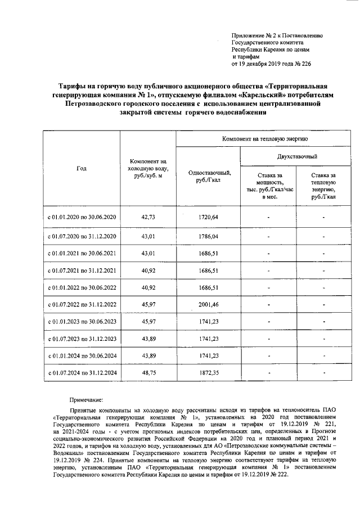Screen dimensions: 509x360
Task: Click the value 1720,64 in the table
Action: (x=208, y=217)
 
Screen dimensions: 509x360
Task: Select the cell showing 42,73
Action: (x=148, y=217)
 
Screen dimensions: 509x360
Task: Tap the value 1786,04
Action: (x=208, y=236)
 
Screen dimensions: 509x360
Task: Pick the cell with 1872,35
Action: (x=208, y=372)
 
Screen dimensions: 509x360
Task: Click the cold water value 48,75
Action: (x=148, y=372)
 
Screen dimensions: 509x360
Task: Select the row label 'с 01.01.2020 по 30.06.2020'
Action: (x=82, y=217)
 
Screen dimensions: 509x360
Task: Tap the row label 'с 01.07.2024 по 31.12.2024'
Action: (x=82, y=372)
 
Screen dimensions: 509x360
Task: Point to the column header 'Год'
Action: (x=82, y=168)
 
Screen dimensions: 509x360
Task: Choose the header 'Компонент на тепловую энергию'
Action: (x=264, y=138)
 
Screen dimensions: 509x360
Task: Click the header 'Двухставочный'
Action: (x=296, y=156)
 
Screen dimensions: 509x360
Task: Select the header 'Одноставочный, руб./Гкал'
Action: (x=208, y=176)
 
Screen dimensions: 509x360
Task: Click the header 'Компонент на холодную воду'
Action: (x=148, y=168)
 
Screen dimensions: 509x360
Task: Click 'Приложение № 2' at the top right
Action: (x=254, y=35)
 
